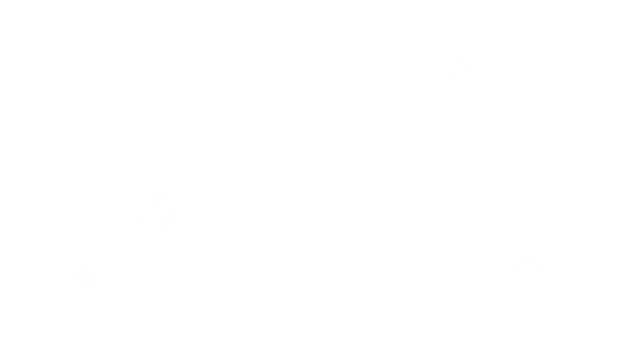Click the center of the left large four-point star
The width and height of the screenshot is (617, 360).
[x=158, y=216]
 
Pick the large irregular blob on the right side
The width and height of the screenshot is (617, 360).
[x=552, y=144]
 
